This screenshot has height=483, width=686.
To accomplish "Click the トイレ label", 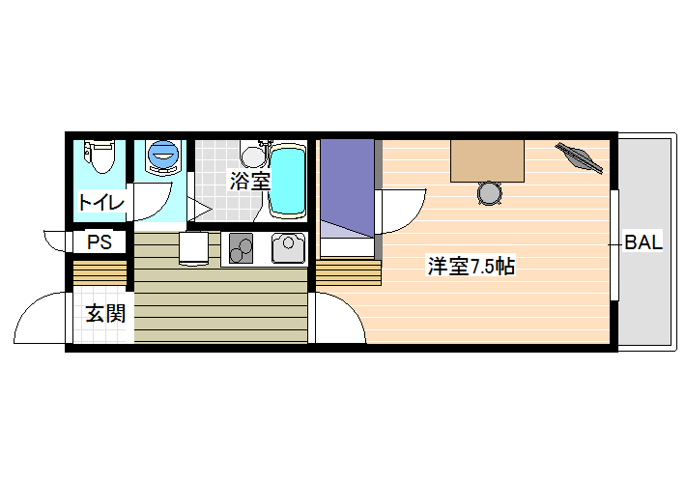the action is point(101,202).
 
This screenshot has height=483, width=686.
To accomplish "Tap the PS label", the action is point(100,241).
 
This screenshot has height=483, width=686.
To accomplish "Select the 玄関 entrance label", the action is point(105,313).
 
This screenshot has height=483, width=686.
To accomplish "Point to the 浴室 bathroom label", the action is point(250,181).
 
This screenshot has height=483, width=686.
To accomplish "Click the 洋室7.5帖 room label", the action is point(472,266).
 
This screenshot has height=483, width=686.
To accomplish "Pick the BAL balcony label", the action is point(643,241).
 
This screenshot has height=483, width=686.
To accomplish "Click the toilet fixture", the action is point(100,156).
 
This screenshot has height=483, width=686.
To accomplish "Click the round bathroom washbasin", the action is point(252,156).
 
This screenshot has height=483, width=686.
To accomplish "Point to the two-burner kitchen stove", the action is point(241,248).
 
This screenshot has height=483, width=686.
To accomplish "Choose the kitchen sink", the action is point(288,247).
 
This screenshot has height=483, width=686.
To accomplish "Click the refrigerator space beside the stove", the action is point(194,248).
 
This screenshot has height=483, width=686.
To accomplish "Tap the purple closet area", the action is point(348,188).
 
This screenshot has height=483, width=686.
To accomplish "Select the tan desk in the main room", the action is point(487,160).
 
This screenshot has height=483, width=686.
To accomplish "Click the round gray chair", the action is point(489,193).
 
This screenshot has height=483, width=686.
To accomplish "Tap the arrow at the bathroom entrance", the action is point(200,208).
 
